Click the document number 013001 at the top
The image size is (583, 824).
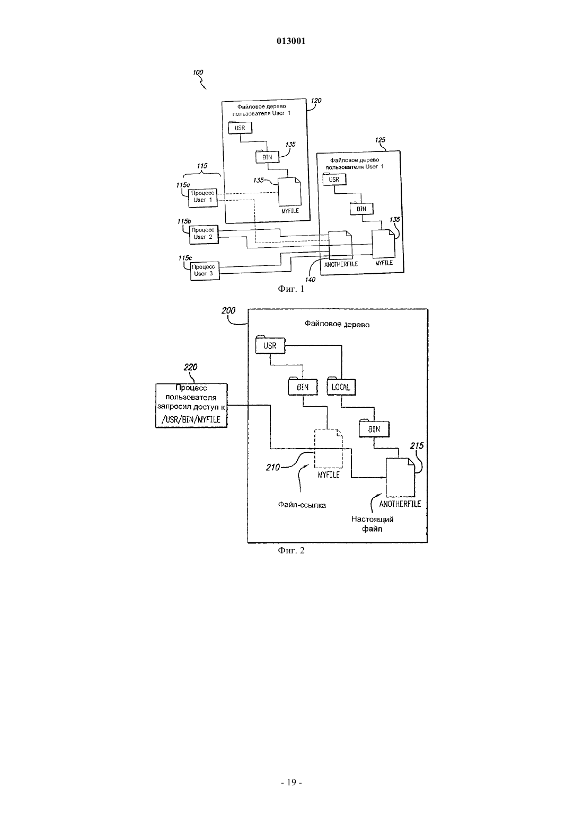(291, 41)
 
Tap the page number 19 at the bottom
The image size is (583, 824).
(291, 782)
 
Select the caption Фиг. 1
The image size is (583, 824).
(291, 289)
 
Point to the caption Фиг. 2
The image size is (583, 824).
(291, 550)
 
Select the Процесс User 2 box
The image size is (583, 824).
(204, 234)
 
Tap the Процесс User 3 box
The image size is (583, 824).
(205, 271)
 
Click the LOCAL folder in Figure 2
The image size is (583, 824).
(341, 386)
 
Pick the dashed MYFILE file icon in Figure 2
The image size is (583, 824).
(328, 448)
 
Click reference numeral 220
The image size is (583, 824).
(190, 367)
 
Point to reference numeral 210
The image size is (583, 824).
(273, 467)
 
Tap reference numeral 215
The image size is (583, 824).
(417, 446)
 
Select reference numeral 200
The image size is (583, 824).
(228, 310)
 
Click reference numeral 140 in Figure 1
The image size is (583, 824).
(310, 280)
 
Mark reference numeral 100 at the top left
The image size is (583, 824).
(198, 73)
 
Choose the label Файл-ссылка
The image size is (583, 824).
(302, 505)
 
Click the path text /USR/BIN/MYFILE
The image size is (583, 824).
(191, 419)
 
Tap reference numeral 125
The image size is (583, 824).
(380, 140)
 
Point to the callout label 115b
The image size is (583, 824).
(184, 221)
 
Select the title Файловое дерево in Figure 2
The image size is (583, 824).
(337, 324)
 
